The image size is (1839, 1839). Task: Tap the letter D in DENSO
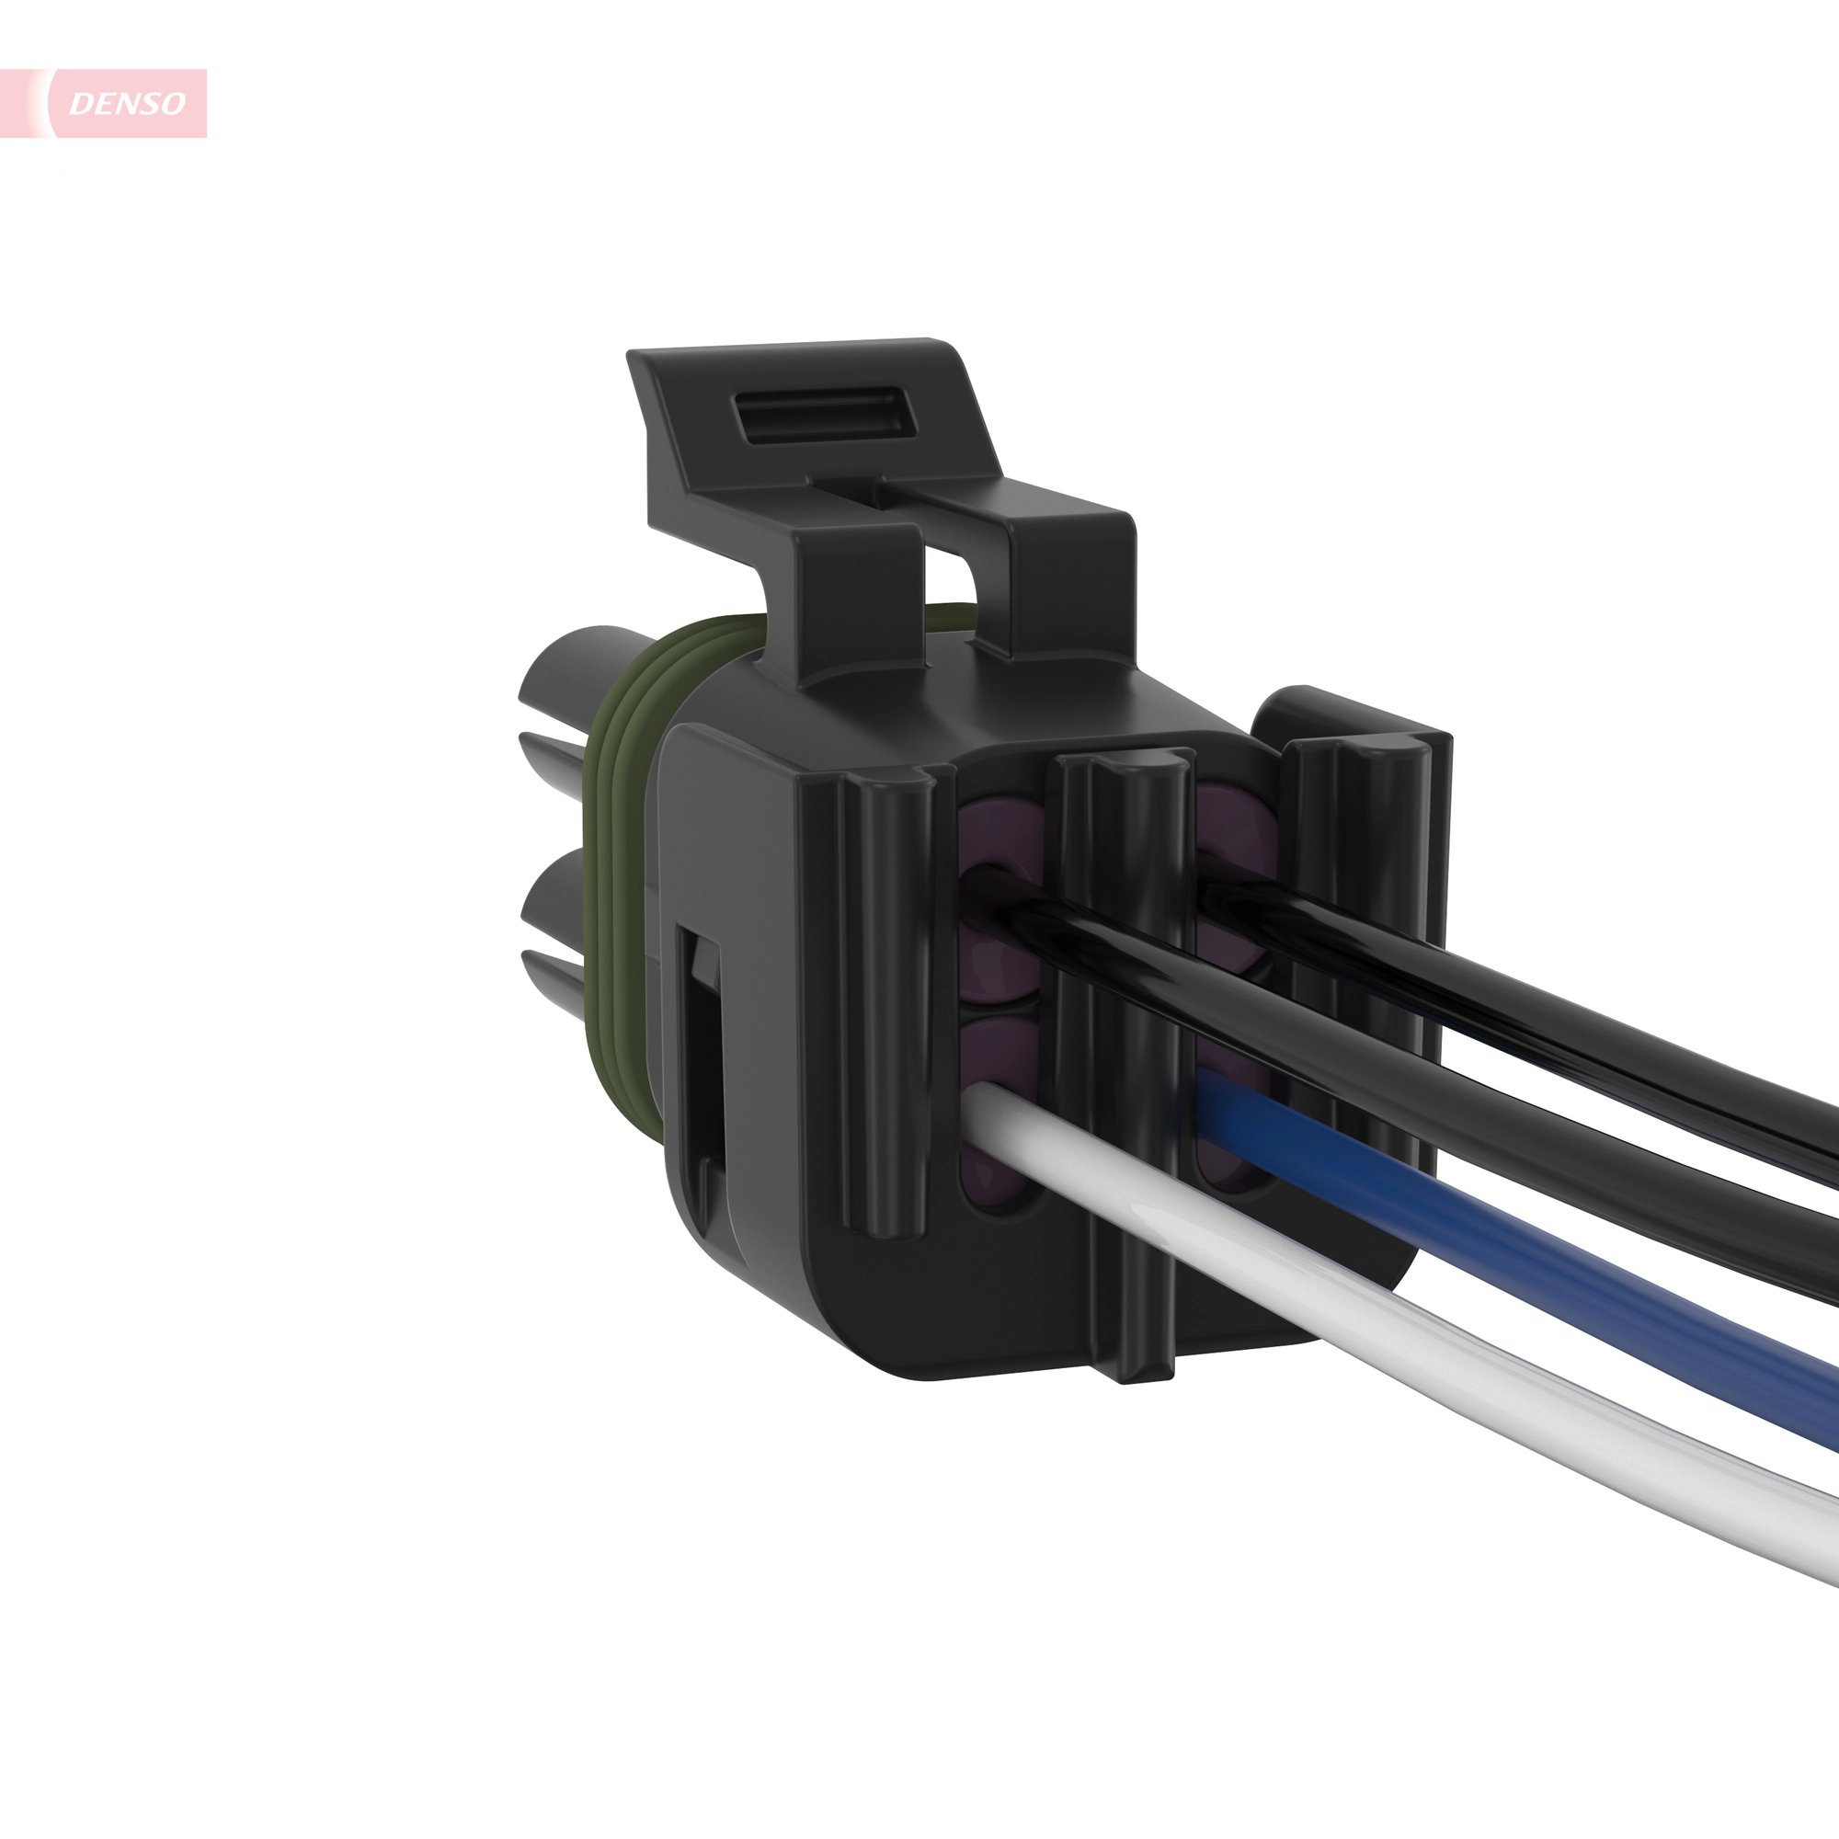click(80, 104)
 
